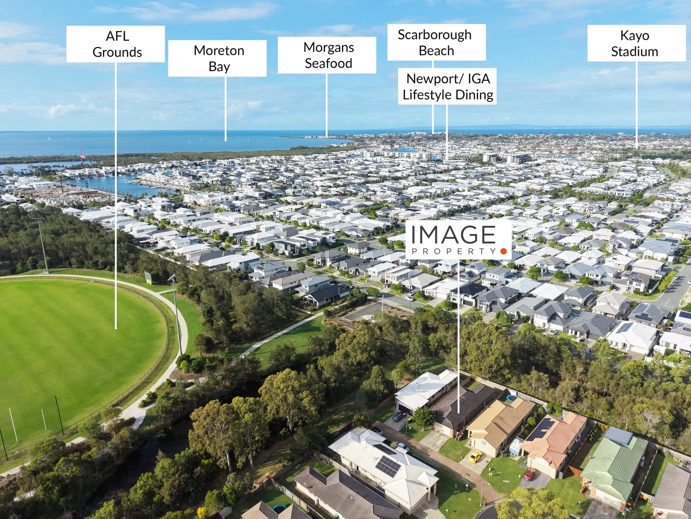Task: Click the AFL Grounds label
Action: pyautogui.click(x=116, y=44)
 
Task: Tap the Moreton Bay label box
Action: pyautogui.click(x=217, y=58)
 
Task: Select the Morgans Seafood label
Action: pyautogui.click(x=327, y=55)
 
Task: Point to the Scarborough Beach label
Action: pyautogui.click(x=436, y=42)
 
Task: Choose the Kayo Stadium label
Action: pyautogui.click(x=637, y=43)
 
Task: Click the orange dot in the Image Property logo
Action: pyautogui.click(x=503, y=251)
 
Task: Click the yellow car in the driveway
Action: pyautogui.click(x=476, y=457)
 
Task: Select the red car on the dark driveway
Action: pyautogui.click(x=529, y=474)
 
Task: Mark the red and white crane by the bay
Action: pyautogui.click(x=83, y=155)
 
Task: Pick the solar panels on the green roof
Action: pyautogui.click(x=619, y=435)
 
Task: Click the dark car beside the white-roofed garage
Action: pyautogui.click(x=399, y=417)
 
